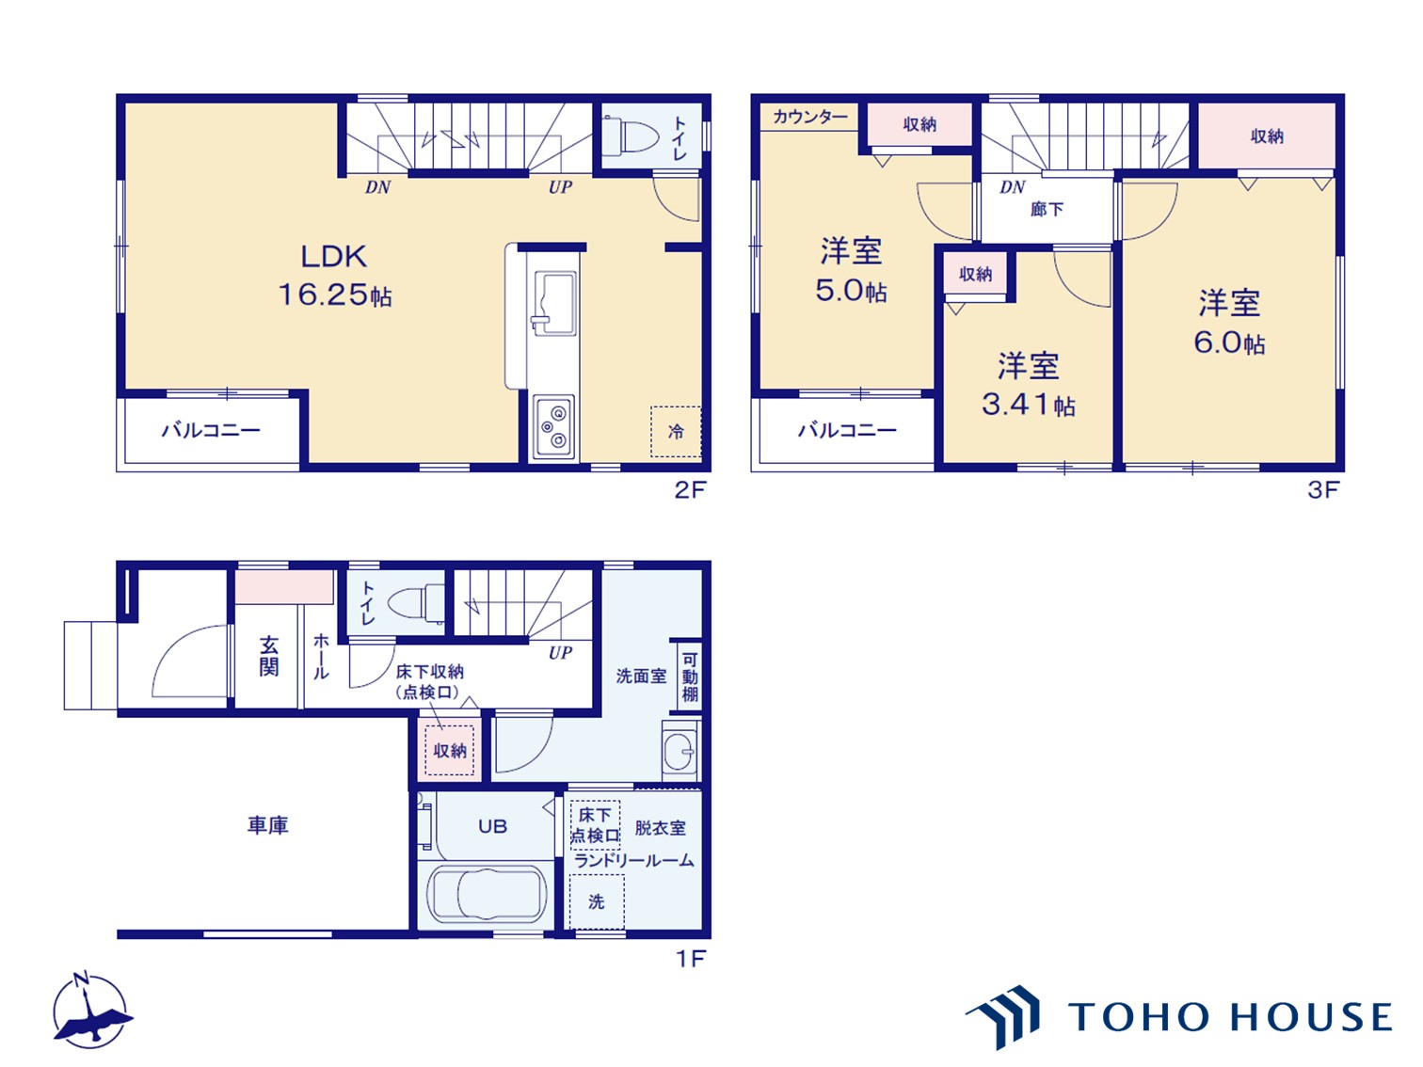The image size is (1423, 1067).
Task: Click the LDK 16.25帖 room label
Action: tap(334, 276)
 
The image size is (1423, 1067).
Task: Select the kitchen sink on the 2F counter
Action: tap(554, 304)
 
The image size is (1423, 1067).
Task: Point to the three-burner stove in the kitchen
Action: tap(554, 426)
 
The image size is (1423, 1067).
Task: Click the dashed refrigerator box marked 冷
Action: tap(676, 432)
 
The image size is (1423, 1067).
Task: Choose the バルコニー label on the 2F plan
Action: tap(211, 429)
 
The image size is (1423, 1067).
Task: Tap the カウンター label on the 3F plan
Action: tap(809, 117)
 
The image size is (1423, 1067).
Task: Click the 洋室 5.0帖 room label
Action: tap(851, 270)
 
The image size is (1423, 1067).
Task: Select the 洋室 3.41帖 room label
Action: tap(1028, 385)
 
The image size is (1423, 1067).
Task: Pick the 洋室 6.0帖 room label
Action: tap(1229, 323)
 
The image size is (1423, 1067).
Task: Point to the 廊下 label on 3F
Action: tap(1047, 209)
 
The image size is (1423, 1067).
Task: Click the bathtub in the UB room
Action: tap(486, 895)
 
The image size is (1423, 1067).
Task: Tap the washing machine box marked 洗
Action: tap(597, 901)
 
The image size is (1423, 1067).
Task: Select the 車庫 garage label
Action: tap(267, 824)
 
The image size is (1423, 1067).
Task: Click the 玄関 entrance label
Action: tap(269, 656)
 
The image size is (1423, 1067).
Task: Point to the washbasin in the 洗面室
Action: tap(680, 751)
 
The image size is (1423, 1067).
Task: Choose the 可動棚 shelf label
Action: tap(690, 677)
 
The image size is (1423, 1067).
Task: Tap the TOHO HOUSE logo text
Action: tap(1229, 1016)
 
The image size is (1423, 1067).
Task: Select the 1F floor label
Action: tap(691, 959)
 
